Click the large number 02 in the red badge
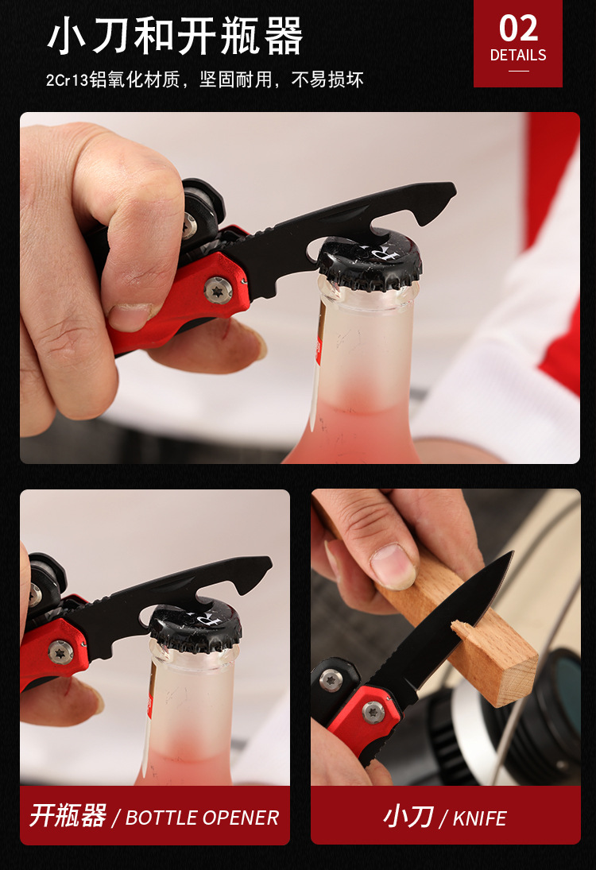coord(518,29)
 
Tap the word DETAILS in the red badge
coord(518,56)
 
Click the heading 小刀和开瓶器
coord(176,36)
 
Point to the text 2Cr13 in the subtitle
coord(67,80)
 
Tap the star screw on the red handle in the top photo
coord(219,290)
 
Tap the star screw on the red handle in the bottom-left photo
coord(60,652)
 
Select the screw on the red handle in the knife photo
coord(373,712)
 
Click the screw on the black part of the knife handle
coord(331,680)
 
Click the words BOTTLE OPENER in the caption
coord(202,818)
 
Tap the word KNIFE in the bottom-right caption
coord(479,818)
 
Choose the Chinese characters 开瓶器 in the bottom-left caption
coord(68,816)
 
